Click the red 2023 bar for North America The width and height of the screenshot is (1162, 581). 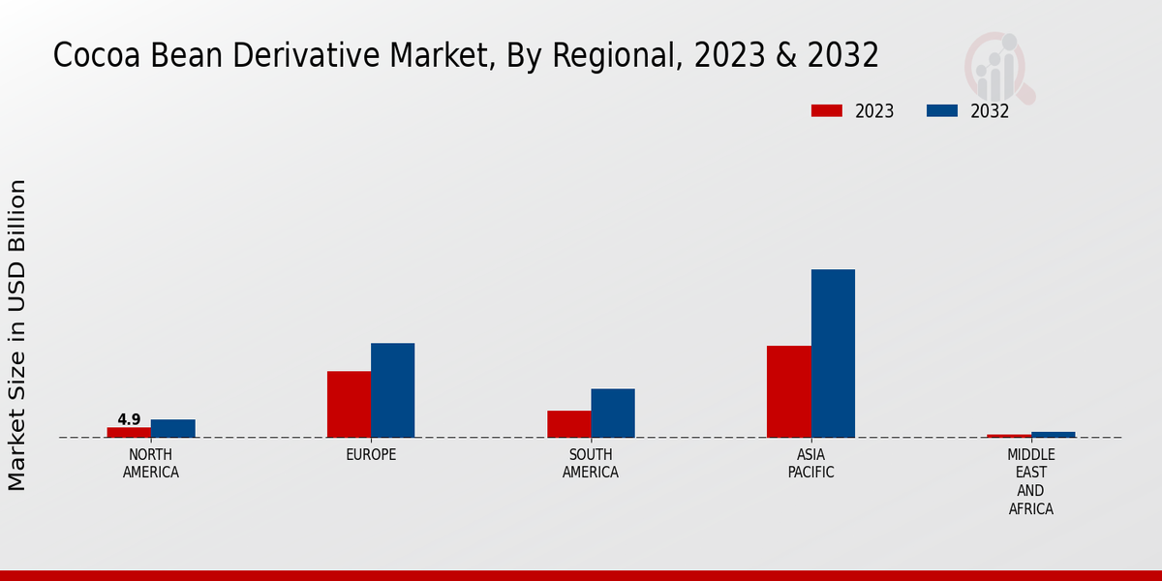[x=129, y=432]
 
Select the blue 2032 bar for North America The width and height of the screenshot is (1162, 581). [x=173, y=428]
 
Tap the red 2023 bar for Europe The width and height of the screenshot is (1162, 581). [x=349, y=404]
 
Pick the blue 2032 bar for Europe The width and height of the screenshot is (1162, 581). [x=393, y=390]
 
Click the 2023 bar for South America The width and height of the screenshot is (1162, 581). [x=569, y=424]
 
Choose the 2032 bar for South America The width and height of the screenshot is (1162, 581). [x=613, y=413]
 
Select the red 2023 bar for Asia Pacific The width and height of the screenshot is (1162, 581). [x=789, y=391]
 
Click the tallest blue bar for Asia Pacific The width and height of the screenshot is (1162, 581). [x=833, y=353]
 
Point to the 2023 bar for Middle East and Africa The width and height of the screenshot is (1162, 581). [x=1009, y=436]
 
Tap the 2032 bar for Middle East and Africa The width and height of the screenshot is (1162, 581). [x=1054, y=435]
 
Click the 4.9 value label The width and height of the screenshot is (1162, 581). [x=129, y=419]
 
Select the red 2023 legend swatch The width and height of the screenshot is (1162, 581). [x=827, y=110]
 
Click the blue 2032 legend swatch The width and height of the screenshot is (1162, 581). [x=942, y=110]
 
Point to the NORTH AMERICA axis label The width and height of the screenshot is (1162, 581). [x=151, y=464]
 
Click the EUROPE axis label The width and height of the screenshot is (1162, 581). [x=371, y=455]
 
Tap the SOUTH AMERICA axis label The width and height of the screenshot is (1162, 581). [x=591, y=464]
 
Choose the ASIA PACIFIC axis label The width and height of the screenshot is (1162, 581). [x=810, y=464]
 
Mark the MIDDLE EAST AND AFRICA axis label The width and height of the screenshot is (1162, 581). [x=1031, y=481]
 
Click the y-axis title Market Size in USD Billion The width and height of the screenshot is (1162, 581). [x=17, y=334]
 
